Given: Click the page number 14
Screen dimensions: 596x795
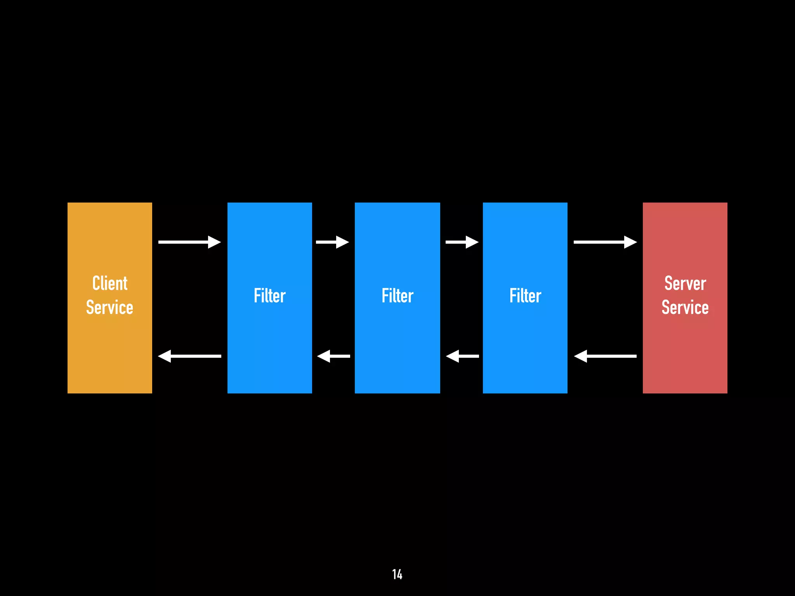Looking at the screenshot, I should [x=397, y=574].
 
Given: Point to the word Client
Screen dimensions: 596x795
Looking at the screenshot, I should [x=110, y=283].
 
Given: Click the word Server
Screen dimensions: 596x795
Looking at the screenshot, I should [x=685, y=283].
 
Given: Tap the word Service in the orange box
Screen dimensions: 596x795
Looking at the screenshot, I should [x=109, y=307].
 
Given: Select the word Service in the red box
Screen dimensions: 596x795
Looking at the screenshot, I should [x=685, y=307].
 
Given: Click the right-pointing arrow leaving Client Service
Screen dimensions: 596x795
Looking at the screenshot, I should [x=189, y=242].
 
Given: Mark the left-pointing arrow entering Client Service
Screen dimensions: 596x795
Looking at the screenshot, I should [x=189, y=356].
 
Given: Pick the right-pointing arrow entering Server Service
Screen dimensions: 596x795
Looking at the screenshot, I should [x=605, y=242].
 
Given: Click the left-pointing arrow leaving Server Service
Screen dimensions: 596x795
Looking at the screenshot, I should [x=605, y=356].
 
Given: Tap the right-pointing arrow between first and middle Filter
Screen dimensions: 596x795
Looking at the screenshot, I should [x=333, y=242].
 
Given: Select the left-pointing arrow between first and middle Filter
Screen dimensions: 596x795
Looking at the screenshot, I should [x=333, y=356].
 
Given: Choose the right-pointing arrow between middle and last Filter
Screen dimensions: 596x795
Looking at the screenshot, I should [x=462, y=242].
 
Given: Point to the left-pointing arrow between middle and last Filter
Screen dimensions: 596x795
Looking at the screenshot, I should [x=462, y=356].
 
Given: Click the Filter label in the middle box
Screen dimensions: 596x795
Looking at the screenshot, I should [x=397, y=296].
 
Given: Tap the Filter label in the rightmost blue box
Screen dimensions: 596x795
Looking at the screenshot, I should [x=525, y=296].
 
